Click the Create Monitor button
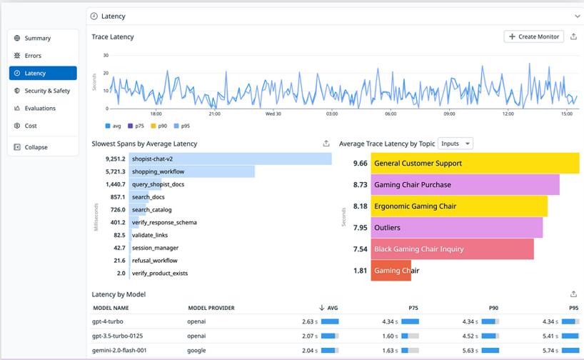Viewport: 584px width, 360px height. coord(533,36)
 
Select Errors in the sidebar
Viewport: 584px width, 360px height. coord(33,56)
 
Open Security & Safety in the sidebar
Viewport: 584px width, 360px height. coord(47,91)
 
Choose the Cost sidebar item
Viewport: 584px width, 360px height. coord(31,126)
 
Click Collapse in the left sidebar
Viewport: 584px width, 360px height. coord(36,147)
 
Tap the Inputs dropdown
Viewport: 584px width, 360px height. coord(455,144)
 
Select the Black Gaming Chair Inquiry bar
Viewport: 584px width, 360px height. coord(452,249)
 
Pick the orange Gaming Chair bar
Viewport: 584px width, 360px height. coord(391,271)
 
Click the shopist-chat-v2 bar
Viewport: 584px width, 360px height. coord(229,159)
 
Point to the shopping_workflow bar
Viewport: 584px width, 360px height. coord(191,171)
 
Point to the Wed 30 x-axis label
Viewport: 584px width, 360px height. coord(273,114)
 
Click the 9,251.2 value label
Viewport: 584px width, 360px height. coord(115,159)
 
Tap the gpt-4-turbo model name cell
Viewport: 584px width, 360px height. coord(111,321)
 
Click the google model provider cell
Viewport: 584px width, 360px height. coord(197,350)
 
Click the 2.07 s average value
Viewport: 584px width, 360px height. coord(309,336)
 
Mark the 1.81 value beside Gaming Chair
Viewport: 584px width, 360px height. coord(361,271)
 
